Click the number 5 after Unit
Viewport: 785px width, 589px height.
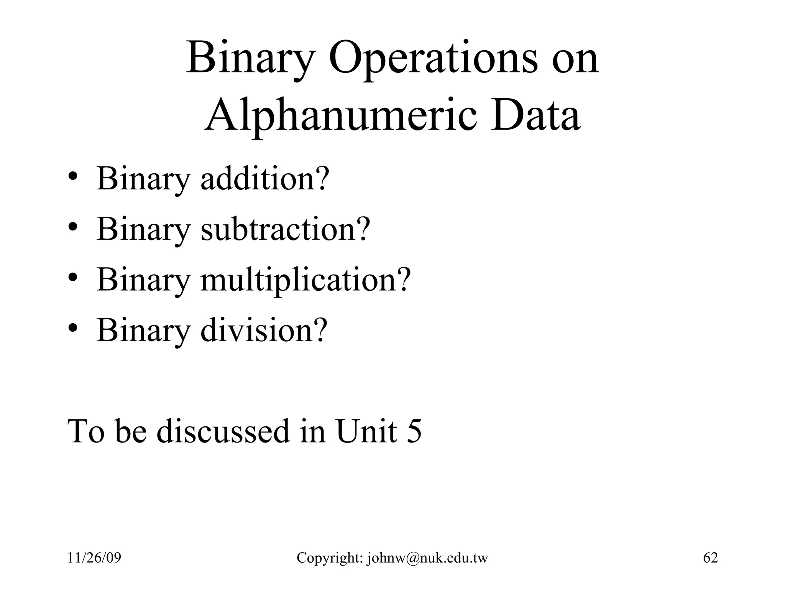click(x=414, y=431)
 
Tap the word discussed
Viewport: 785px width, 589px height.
click(x=223, y=431)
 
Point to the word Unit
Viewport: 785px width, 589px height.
click(x=366, y=431)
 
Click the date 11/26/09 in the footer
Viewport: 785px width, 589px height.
click(x=94, y=558)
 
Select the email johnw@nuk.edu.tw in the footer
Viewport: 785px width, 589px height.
click(x=427, y=558)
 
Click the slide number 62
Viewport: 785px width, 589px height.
click(x=710, y=558)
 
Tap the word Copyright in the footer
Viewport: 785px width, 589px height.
click(x=330, y=558)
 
